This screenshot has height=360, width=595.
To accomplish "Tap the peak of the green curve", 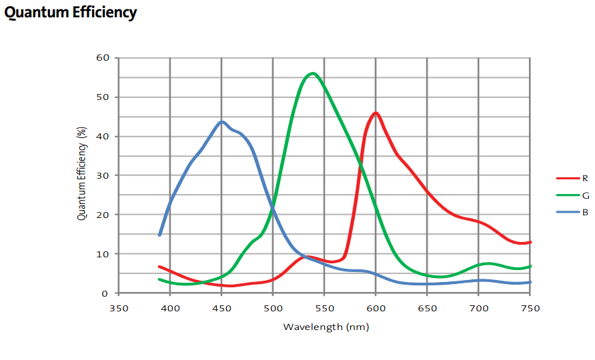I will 312,73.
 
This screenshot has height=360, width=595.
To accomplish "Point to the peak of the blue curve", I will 222,122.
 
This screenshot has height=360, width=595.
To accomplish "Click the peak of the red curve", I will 376,113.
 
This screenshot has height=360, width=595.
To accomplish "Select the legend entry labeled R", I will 584,178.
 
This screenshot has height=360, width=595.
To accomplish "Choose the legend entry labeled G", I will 585,195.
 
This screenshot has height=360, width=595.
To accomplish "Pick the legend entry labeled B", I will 585,213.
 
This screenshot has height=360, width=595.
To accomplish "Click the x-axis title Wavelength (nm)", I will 326,327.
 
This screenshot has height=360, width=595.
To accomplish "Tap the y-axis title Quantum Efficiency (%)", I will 82,175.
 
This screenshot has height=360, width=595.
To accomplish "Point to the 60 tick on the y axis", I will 102,57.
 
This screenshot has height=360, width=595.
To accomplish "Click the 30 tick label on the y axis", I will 102,175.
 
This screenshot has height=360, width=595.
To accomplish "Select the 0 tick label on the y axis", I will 105,293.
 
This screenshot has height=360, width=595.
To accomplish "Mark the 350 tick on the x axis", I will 119,308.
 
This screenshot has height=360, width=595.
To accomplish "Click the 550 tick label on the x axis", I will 324,308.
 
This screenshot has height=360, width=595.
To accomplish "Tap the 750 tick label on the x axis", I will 530,308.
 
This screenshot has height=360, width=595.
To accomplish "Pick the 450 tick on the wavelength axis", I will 221,308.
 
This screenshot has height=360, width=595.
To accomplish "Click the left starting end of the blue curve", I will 159,235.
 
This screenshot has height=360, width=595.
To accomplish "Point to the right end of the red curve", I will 530,242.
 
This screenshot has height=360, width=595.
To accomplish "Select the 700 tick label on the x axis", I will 478,308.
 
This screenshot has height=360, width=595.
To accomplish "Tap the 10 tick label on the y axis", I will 102,254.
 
